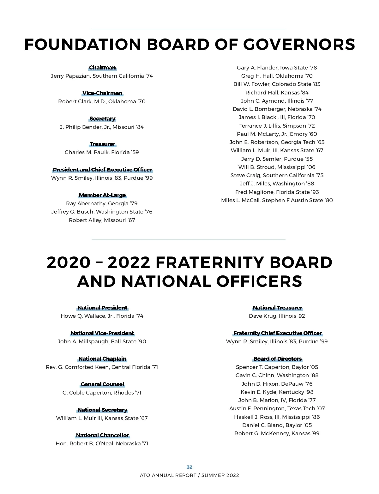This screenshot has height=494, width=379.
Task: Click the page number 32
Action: [x=189, y=467]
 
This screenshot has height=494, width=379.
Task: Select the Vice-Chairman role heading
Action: [x=102, y=93]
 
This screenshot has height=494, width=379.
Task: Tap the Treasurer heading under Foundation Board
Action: [x=102, y=144]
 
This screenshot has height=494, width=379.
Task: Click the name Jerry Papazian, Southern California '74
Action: [x=102, y=76]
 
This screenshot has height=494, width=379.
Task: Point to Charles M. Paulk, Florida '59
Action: [x=102, y=152]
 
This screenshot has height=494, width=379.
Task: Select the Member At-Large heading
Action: [x=102, y=195]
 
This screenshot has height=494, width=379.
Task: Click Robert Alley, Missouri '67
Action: [x=102, y=220]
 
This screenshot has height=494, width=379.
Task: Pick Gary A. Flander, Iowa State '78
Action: [x=277, y=68]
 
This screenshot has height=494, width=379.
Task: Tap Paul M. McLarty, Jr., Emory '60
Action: [x=277, y=134]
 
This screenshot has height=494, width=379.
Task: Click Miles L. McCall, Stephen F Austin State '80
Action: [x=277, y=200]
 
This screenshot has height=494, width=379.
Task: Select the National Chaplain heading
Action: [x=102, y=359]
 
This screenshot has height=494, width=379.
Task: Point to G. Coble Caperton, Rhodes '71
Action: [x=102, y=393]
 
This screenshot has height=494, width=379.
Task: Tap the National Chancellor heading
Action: [x=102, y=436]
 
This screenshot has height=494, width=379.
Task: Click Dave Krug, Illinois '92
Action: [x=277, y=316]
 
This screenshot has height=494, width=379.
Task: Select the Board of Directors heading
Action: [x=277, y=359]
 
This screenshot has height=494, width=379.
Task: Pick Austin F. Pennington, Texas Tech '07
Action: [x=277, y=408]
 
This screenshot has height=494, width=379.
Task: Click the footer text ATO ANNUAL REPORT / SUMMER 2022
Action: [x=189, y=475]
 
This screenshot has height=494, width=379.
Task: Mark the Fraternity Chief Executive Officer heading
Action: [x=277, y=333]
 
